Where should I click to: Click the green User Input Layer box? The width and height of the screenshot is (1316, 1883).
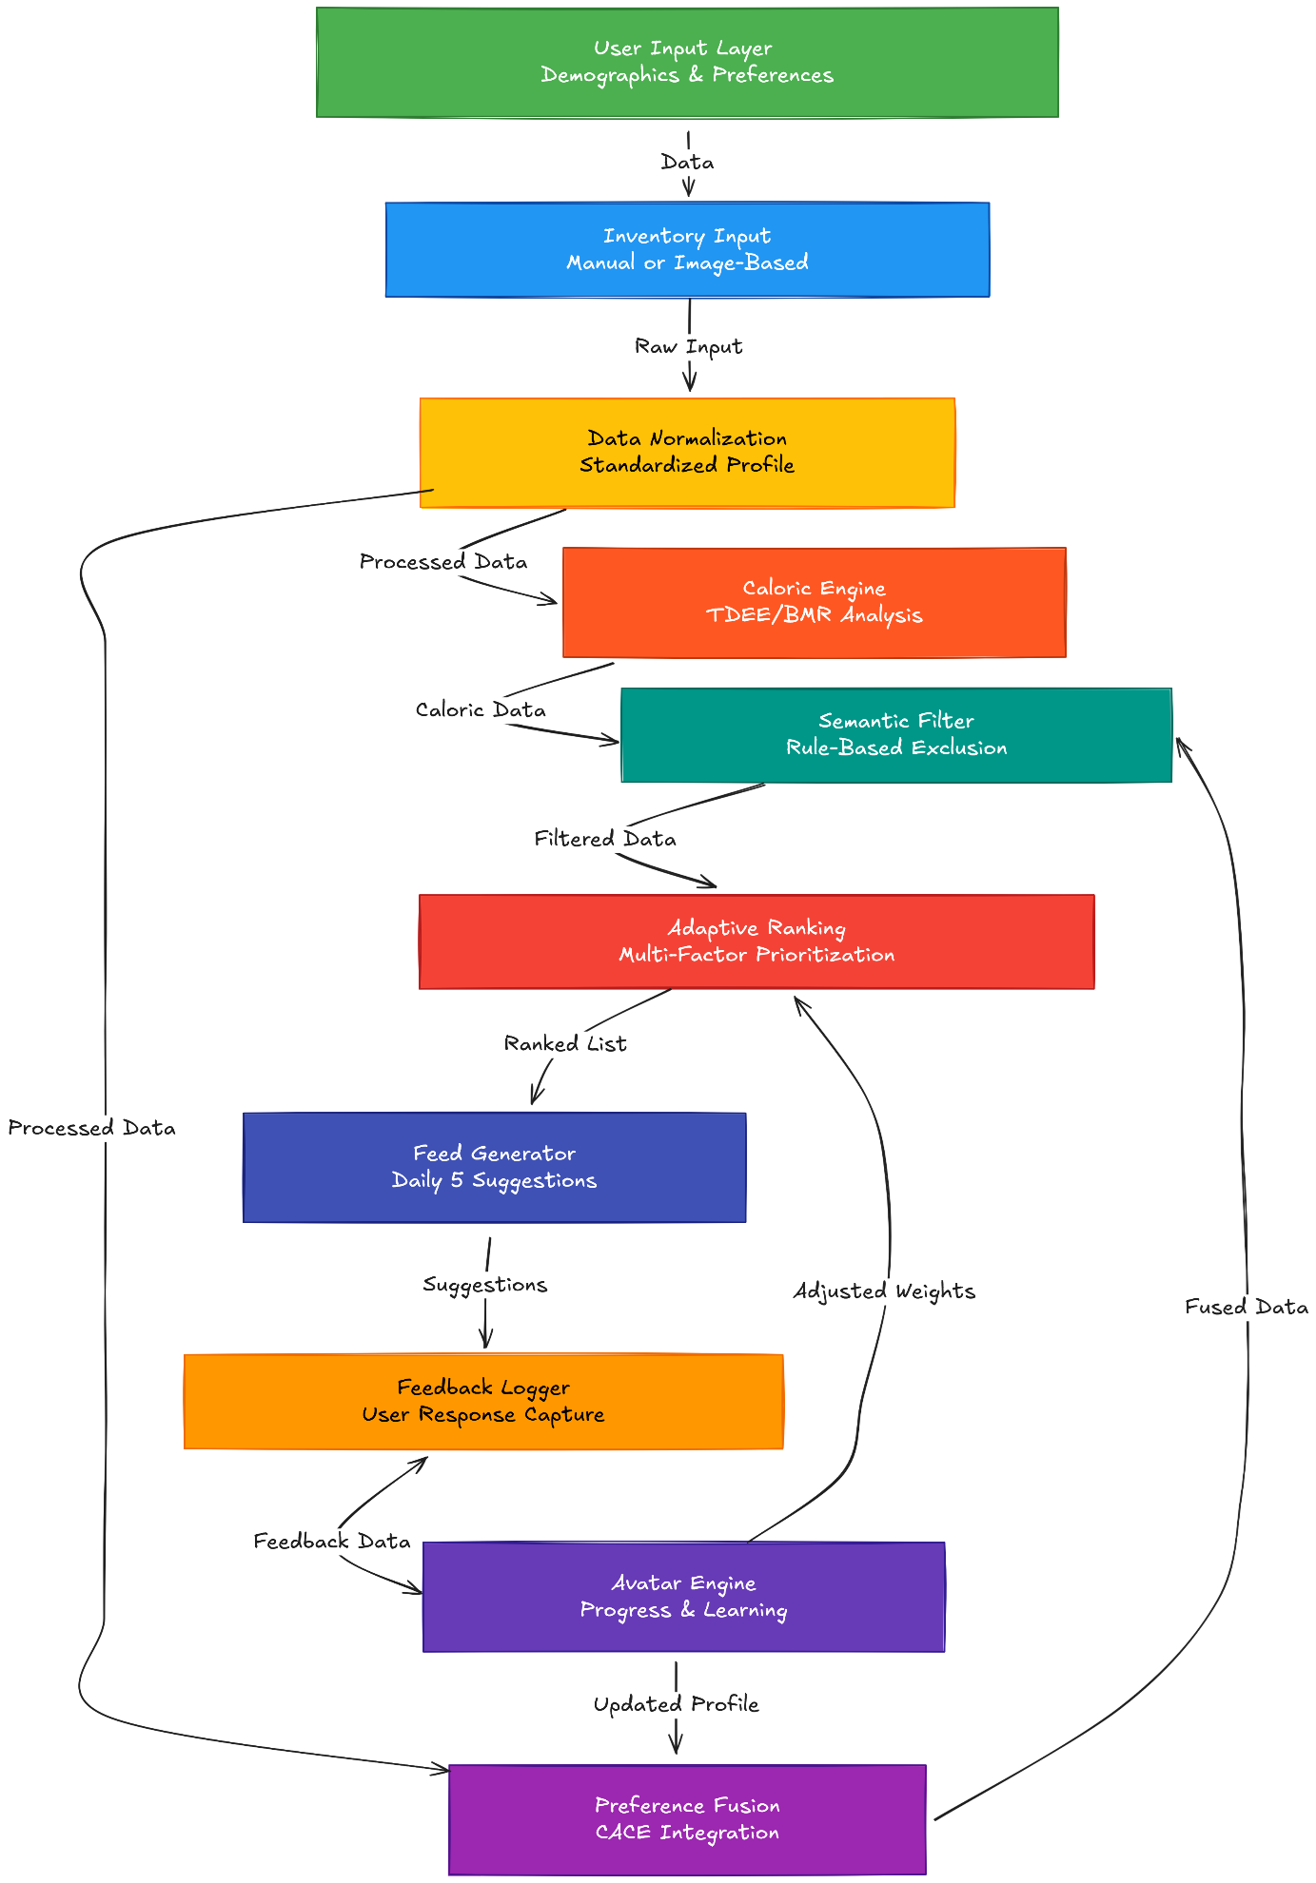click(x=687, y=62)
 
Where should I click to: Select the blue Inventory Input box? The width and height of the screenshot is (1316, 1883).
click(x=687, y=249)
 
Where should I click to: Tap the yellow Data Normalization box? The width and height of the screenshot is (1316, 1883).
click(x=687, y=452)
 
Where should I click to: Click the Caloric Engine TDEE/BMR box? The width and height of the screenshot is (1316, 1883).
click(x=814, y=602)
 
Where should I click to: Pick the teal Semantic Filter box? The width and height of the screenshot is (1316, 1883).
click(x=895, y=735)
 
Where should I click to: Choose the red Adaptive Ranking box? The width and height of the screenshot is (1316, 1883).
click(x=756, y=941)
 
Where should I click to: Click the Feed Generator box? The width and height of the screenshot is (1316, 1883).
click(x=494, y=1167)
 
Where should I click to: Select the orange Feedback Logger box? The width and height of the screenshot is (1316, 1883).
click(x=482, y=1401)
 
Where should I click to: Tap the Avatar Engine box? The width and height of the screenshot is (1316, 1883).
click(x=683, y=1597)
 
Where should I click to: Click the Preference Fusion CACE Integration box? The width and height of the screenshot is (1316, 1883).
click(x=687, y=1819)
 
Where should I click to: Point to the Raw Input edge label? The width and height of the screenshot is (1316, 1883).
click(x=688, y=347)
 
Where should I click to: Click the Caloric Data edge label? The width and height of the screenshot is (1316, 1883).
click(x=481, y=710)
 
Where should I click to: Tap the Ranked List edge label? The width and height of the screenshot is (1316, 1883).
click(x=565, y=1044)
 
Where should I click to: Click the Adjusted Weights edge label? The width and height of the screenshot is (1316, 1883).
click(x=884, y=1291)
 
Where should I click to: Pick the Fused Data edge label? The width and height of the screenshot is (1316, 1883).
click(x=1246, y=1308)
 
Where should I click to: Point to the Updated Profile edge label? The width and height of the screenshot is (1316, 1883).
click(x=676, y=1704)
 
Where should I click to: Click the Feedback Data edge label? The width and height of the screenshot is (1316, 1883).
click(x=331, y=1542)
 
